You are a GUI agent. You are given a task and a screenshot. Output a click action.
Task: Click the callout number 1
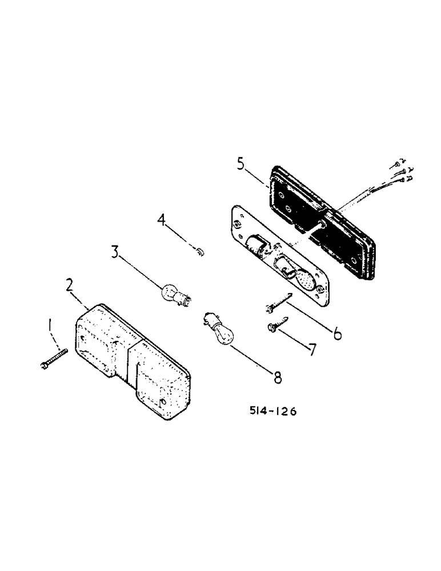[x=51, y=327]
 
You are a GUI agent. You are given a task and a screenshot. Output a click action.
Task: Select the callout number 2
[x=70, y=285]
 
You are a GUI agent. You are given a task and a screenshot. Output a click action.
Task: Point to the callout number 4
[x=163, y=220]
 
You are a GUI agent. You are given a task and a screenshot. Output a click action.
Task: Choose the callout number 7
[x=312, y=349]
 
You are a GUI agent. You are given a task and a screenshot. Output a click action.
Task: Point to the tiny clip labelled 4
[x=198, y=251]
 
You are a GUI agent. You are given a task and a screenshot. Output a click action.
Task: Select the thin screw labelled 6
[x=278, y=303]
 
